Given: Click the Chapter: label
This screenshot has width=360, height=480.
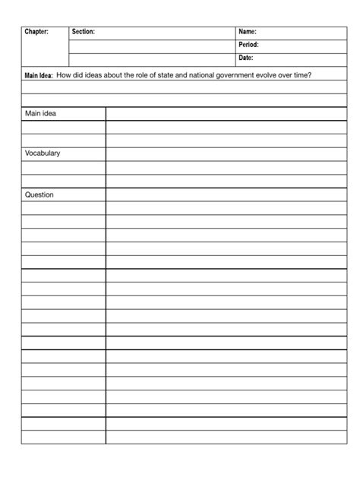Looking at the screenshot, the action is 36,32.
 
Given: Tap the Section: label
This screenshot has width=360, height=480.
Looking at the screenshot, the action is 83,32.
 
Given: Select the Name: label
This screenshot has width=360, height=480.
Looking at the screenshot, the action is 248,32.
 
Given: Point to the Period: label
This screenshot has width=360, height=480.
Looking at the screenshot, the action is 249,45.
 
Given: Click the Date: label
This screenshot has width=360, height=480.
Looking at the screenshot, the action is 246,58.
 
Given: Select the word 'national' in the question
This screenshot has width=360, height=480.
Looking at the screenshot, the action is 202,74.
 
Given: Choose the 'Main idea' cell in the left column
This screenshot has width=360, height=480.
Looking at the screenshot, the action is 40,114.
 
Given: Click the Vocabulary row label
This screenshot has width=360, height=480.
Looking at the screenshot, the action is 43,153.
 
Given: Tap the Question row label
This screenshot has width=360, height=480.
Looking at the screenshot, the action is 39,194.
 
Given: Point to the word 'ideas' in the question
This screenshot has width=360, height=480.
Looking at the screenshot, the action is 93,74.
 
